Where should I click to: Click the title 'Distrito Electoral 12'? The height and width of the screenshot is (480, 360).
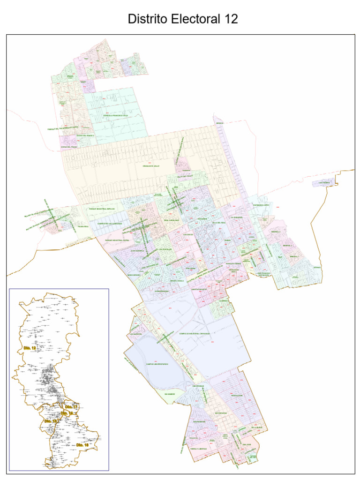(x=183, y=19)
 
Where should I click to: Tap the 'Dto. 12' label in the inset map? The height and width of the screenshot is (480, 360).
(x=30, y=348)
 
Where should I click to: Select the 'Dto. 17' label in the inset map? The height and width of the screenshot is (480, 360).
(x=71, y=406)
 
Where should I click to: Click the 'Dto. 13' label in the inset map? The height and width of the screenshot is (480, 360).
(x=51, y=421)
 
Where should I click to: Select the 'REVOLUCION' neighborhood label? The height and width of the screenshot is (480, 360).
(x=237, y=395)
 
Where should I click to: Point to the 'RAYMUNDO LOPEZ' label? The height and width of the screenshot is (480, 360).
(x=262, y=205)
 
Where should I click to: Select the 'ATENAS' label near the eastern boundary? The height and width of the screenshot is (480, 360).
(x=317, y=268)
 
